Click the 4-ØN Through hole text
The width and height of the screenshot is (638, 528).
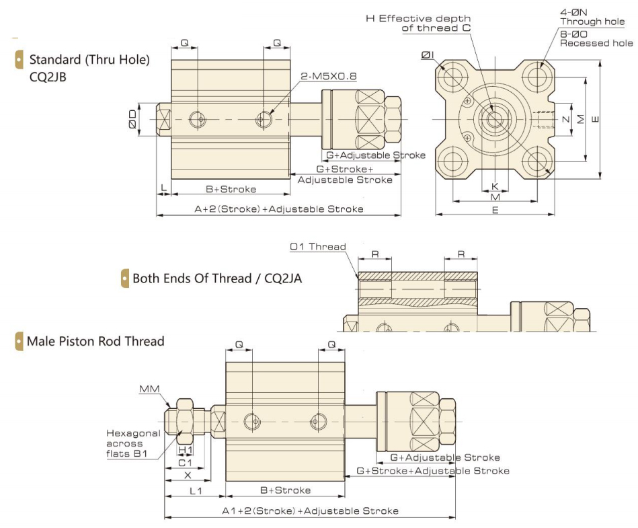click(592, 16)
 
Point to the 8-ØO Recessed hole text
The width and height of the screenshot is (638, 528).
click(596, 38)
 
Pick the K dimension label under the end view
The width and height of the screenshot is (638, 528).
click(495, 185)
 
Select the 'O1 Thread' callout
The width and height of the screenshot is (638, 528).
click(318, 247)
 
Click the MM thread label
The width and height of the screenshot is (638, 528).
click(149, 389)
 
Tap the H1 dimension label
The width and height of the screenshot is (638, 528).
click(185, 449)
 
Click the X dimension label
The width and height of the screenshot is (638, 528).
click(187, 476)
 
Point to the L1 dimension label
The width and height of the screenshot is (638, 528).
click(196, 491)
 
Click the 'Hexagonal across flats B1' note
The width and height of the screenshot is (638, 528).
click(133, 443)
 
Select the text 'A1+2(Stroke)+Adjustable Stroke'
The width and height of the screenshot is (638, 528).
click(310, 511)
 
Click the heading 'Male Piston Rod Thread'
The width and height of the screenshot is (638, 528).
click(95, 341)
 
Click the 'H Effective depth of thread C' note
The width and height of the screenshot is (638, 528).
click(417, 23)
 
